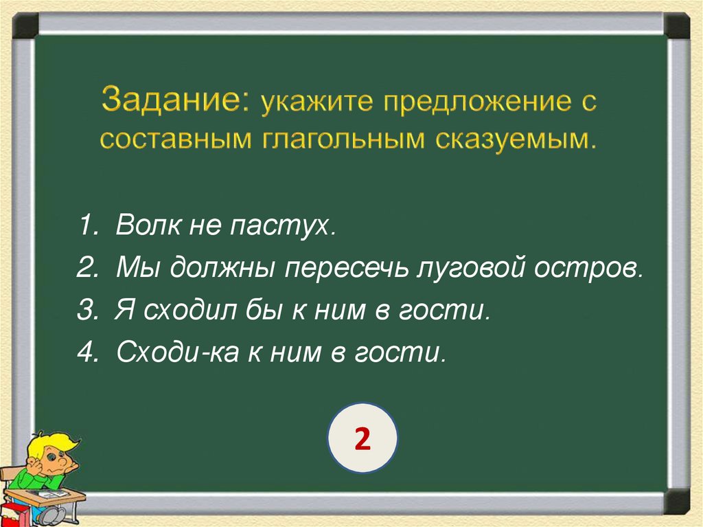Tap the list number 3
point(87,310)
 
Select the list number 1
point(87,226)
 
